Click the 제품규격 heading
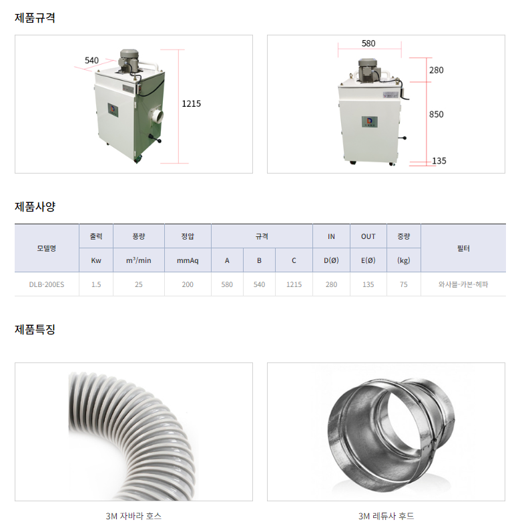click(x=35, y=17)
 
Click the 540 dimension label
click(x=91, y=60)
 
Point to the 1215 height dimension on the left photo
click(x=192, y=103)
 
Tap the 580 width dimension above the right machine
click(x=368, y=43)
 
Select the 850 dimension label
click(x=437, y=114)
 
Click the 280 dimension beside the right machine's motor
click(x=437, y=70)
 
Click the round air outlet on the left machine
click(x=157, y=116)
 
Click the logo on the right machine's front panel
click(x=369, y=121)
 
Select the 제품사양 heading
click(x=35, y=206)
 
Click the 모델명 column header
click(x=47, y=248)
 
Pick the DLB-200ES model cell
click(x=47, y=284)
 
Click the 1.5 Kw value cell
click(x=96, y=284)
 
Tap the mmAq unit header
click(x=188, y=260)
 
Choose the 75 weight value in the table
click(x=404, y=284)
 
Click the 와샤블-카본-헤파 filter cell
click(x=463, y=284)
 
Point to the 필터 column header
click(x=463, y=248)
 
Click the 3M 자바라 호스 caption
click(x=134, y=516)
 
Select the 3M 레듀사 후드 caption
click(x=386, y=516)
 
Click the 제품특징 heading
click(x=35, y=329)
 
